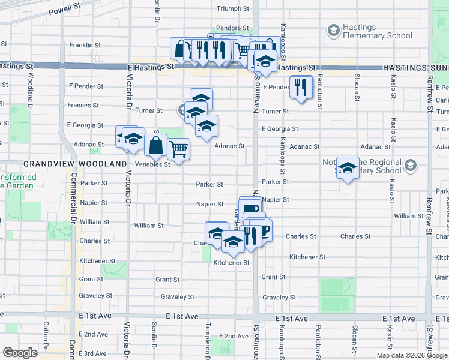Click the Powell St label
pyautogui.click(x=65, y=10)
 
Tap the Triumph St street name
pyautogui.click(x=232, y=8)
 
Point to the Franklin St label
pyautogui.click(x=85, y=45)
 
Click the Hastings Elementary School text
pyautogui.click(x=377, y=31)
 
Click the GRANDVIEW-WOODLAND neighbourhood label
pyautogui.click(x=75, y=163)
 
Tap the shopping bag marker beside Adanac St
pyautogui.click(x=155, y=145)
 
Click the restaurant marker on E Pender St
pyautogui.click(x=301, y=86)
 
